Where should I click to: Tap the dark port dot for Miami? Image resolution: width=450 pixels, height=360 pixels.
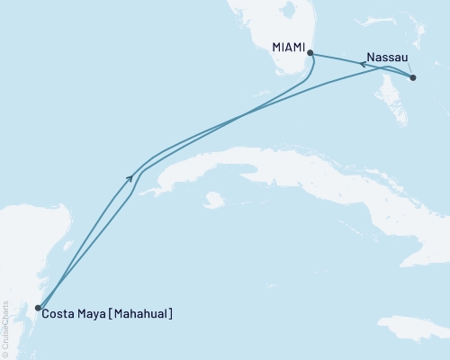[x=310, y=54]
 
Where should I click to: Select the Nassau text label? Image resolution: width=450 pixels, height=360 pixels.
[x=388, y=54]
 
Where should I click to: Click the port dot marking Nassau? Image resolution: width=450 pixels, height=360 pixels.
[x=413, y=78]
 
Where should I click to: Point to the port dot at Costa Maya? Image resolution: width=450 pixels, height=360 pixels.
[x=37, y=308]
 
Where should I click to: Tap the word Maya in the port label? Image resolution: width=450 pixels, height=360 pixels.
[x=94, y=315]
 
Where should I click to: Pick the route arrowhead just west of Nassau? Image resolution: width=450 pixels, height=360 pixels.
[x=362, y=63]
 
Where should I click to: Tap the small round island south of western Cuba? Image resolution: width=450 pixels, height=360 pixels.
[x=213, y=200]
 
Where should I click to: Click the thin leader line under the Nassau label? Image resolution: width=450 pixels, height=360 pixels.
[x=408, y=67]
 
